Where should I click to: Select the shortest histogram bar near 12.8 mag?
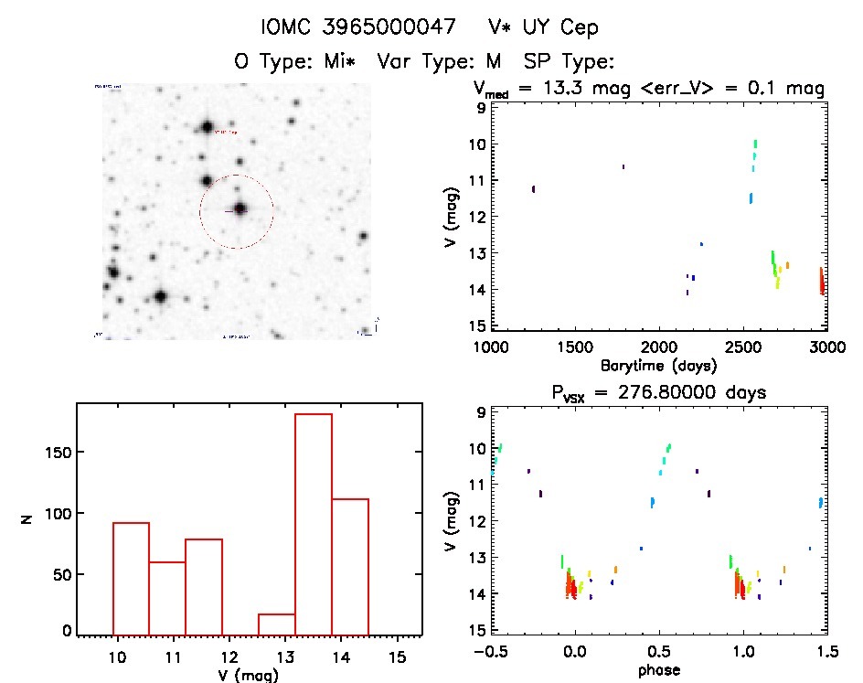click(x=276, y=624)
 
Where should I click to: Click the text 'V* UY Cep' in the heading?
click(x=543, y=28)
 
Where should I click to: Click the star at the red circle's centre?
click(x=240, y=209)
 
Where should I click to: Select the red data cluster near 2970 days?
click(x=822, y=281)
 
